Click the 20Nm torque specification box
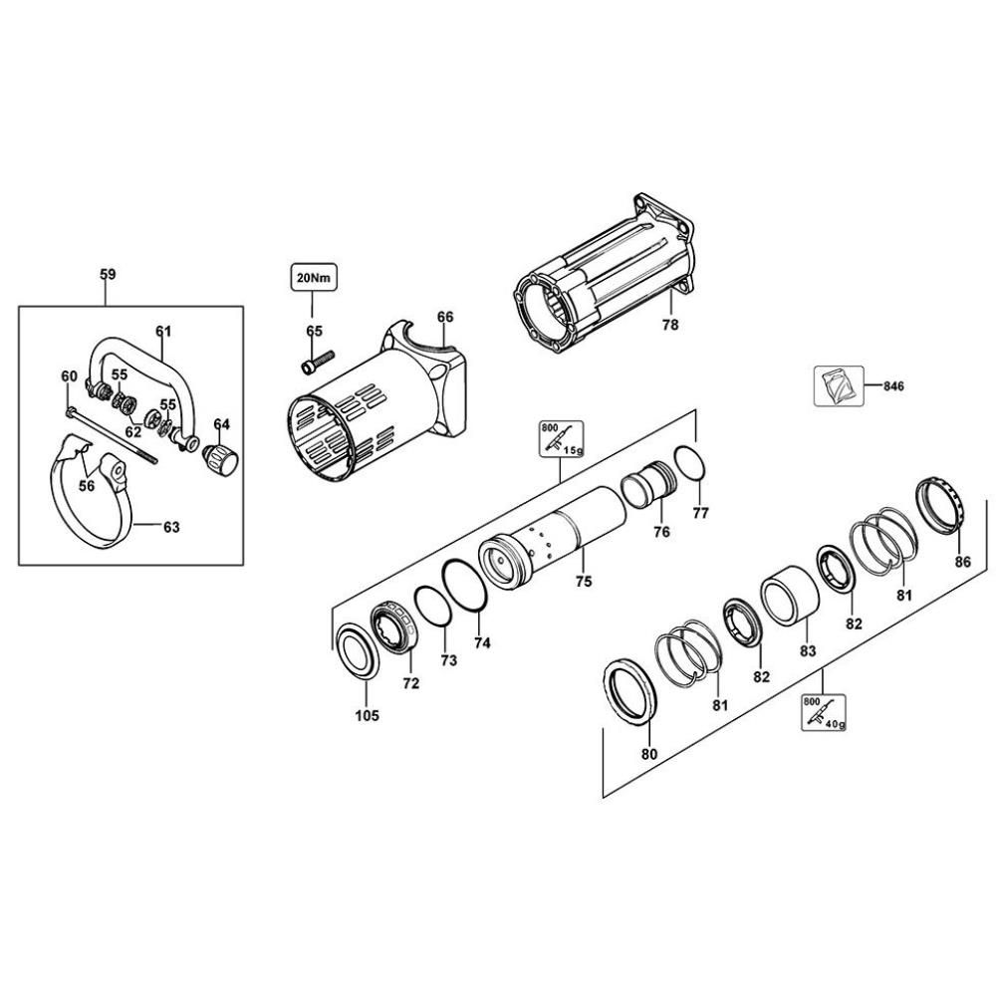click(x=314, y=277)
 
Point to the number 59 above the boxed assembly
click(x=108, y=274)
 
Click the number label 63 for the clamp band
click(x=171, y=528)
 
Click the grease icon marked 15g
click(x=559, y=439)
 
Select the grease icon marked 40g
click(x=824, y=713)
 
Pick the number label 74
click(x=482, y=642)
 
